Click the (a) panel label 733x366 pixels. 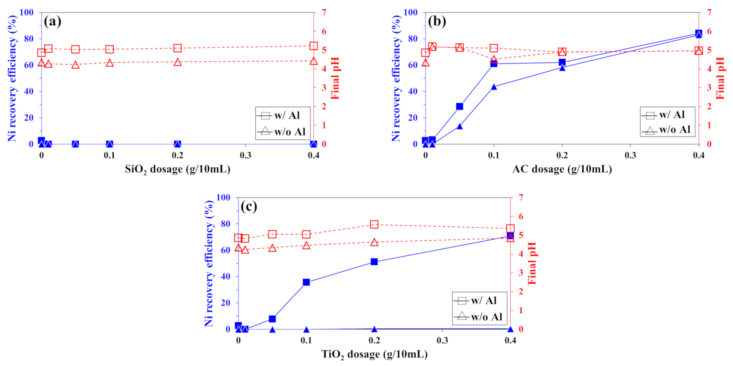pyautogui.click(x=53, y=21)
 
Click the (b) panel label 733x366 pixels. pyautogui.click(x=437, y=21)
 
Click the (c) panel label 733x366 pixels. pyautogui.click(x=249, y=206)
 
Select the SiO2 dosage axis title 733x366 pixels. pyautogui.click(x=177, y=169)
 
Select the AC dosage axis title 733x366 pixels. pyautogui.click(x=562, y=169)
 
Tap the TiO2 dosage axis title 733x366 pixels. pyautogui.click(x=374, y=354)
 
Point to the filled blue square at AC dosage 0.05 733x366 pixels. pyautogui.click(x=460, y=106)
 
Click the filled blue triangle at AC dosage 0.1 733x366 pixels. pyautogui.click(x=494, y=87)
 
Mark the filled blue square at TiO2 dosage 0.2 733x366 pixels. pyautogui.click(x=374, y=262)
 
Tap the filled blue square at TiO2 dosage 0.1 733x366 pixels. pyautogui.click(x=306, y=282)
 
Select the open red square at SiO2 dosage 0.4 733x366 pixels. pyautogui.click(x=313, y=46)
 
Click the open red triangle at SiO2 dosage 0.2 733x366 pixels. pyautogui.click(x=177, y=62)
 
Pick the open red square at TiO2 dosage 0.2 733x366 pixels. pyautogui.click(x=374, y=224)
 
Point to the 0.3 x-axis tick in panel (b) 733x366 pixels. pyautogui.click(x=630, y=155)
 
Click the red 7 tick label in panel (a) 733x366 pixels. pyautogui.click(x=324, y=12)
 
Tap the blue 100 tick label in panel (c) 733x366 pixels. pyautogui.click(x=223, y=198)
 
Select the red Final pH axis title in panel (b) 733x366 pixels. pyautogui.click(x=721, y=78)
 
